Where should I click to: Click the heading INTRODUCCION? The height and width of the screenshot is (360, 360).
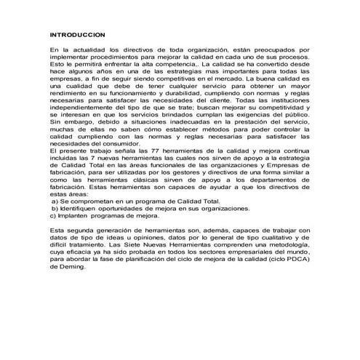point(76,34)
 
